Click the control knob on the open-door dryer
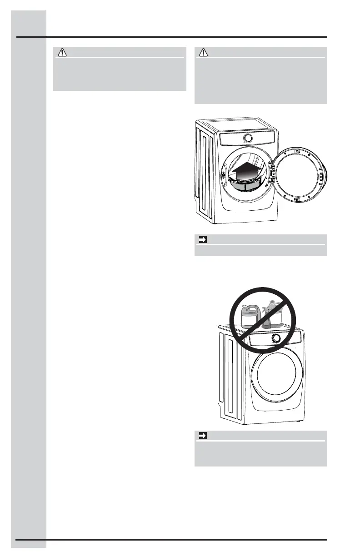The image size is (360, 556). point(248,138)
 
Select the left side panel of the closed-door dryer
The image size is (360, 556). point(229,377)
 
